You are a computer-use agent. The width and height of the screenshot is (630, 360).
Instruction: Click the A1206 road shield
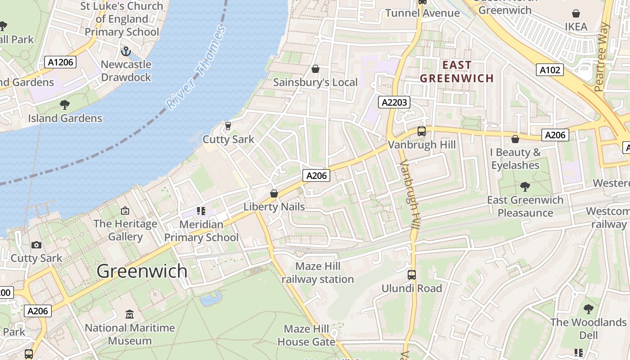[x=60, y=62]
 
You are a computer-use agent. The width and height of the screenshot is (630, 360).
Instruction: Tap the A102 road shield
[x=550, y=70]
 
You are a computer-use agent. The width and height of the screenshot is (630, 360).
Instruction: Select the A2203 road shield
[x=394, y=102]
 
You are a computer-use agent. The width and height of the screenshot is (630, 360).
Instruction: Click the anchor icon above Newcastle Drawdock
[x=126, y=51]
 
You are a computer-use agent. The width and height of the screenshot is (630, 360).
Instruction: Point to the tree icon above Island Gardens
[x=65, y=105]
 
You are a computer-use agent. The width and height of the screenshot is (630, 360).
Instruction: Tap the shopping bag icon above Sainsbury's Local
[x=315, y=69]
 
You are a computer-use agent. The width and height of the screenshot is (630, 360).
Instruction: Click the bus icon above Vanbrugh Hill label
[x=422, y=131]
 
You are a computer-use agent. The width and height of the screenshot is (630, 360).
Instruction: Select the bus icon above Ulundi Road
[x=412, y=275]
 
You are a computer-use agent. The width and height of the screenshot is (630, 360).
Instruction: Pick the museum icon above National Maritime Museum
[x=130, y=314]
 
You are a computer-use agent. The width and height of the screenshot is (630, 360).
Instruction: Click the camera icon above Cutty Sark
[x=36, y=245]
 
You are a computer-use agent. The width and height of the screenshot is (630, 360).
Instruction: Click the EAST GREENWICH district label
[x=457, y=72]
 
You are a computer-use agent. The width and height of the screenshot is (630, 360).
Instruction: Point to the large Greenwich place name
[x=142, y=271]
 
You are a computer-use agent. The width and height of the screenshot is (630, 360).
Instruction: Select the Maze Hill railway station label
[x=318, y=273]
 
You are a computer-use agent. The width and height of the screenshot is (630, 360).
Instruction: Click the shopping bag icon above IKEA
[x=576, y=13]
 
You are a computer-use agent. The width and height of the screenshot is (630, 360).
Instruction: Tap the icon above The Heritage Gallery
[x=125, y=210]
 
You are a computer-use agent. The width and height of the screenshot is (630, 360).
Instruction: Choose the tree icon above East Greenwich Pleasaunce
[x=525, y=186]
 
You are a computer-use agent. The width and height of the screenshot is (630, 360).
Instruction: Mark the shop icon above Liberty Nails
[x=274, y=193]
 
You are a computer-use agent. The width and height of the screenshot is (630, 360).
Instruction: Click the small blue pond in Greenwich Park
[x=211, y=298]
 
